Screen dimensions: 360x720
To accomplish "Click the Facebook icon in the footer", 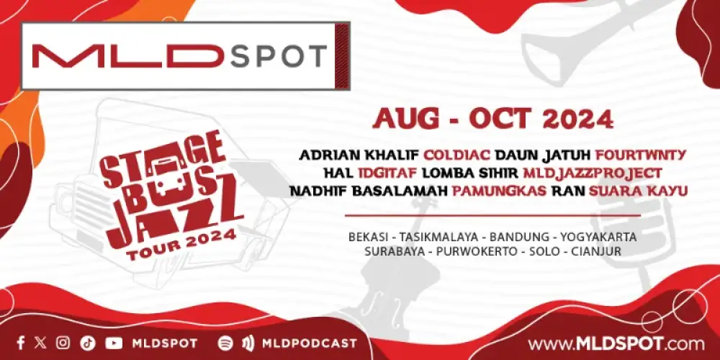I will click(x=21, y=343).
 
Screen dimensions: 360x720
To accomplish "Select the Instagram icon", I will click(x=63, y=343).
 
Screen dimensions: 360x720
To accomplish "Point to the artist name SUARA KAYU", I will click(x=639, y=191).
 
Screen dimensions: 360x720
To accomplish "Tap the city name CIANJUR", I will click(x=594, y=252).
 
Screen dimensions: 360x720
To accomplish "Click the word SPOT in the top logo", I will click(x=279, y=56).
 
